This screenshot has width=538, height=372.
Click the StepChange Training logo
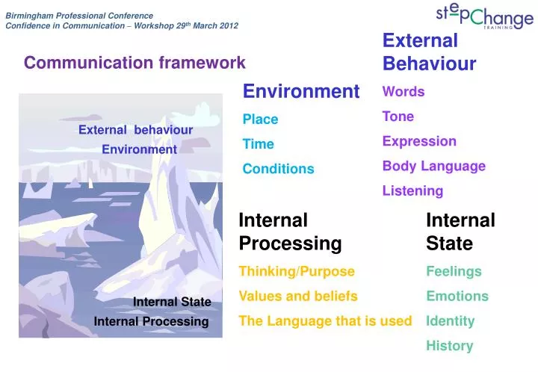tap(484, 16)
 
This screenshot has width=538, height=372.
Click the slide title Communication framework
tap(134, 63)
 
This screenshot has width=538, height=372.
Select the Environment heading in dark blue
tap(301, 91)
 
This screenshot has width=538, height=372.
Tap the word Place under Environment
tap(260, 120)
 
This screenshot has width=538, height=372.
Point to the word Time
tap(259, 144)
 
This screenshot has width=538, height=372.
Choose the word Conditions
tap(278, 169)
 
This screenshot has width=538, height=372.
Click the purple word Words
tap(403, 92)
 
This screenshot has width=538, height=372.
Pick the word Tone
tap(398, 117)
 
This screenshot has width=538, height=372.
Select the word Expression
tap(419, 141)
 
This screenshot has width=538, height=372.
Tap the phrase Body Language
tap(433, 166)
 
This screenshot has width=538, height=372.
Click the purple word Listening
tap(412, 190)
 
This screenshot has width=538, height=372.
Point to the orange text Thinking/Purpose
tap(297, 271)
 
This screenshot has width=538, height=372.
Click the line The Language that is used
tap(325, 320)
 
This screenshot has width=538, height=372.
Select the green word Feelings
tap(454, 271)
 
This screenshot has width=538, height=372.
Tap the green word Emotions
tap(457, 296)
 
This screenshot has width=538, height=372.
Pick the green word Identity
tap(451, 320)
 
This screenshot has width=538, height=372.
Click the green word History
tap(449, 345)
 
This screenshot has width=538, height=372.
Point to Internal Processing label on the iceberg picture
tap(151, 321)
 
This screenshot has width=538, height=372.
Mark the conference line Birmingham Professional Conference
tap(79, 15)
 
